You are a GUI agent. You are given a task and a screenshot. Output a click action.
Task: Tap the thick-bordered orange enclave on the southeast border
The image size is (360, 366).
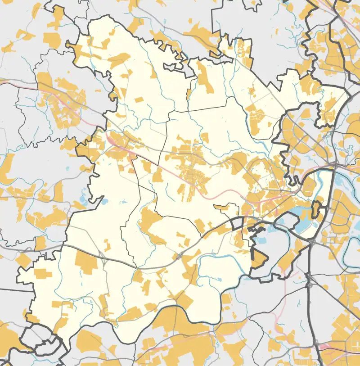pos(258,259)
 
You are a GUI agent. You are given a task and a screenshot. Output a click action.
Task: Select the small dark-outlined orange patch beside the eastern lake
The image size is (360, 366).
pos(316,208)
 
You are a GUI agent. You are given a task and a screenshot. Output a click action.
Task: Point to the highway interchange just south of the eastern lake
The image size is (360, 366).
pos(312,242)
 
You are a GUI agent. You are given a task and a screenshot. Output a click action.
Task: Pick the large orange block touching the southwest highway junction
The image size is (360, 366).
pos(85,262)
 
